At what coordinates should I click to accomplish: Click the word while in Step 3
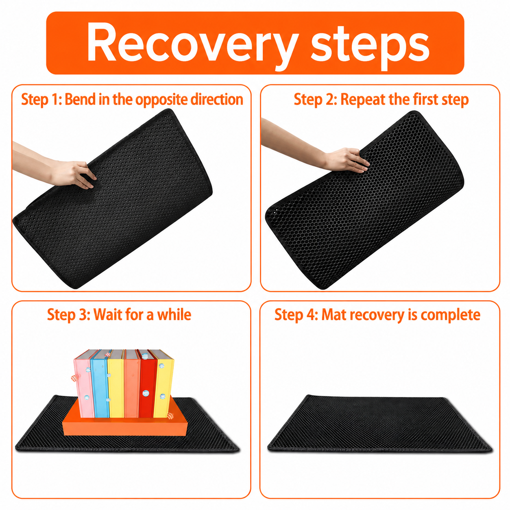[x=174, y=314]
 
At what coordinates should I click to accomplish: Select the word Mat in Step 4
[x=333, y=315]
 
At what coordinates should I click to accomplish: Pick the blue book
[x=100, y=384]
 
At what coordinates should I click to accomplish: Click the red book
[x=147, y=384]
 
